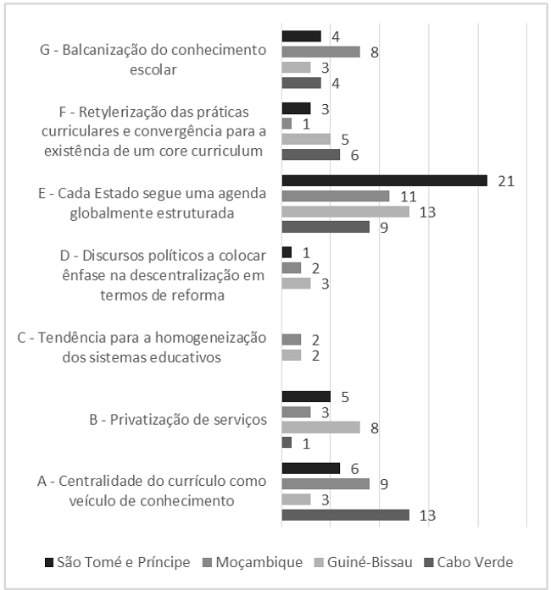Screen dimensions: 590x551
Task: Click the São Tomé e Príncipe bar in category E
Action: coord(384,180)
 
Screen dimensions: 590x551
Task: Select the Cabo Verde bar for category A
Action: coord(345,515)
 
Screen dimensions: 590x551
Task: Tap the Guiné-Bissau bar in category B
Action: coord(320,427)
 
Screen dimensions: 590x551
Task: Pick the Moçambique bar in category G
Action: coord(320,52)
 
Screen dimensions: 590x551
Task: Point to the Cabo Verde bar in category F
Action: coord(310,155)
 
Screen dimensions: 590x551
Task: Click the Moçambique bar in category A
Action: coord(326,483)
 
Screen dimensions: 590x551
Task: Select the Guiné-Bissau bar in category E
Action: coord(345,212)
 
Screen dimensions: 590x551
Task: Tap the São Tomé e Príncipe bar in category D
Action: coord(287,252)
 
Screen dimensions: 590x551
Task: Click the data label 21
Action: coord(507,180)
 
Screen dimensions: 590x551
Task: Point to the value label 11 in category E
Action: coord(407,196)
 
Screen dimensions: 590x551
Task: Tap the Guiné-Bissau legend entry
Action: coord(367,562)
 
